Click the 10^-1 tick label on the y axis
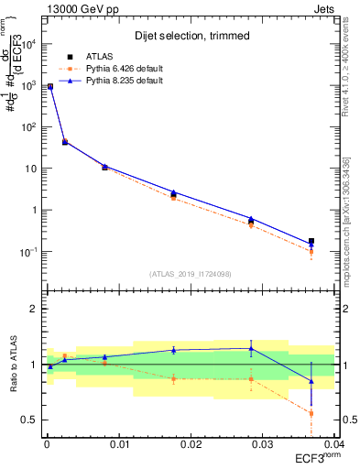[x=29, y=252]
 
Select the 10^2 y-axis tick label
[x=29, y=126]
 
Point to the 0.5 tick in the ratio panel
[x=30, y=420]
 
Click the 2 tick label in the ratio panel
[x=35, y=309]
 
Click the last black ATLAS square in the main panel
[x=311, y=242]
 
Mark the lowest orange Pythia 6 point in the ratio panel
[x=311, y=413]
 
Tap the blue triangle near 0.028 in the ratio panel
[x=251, y=348]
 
